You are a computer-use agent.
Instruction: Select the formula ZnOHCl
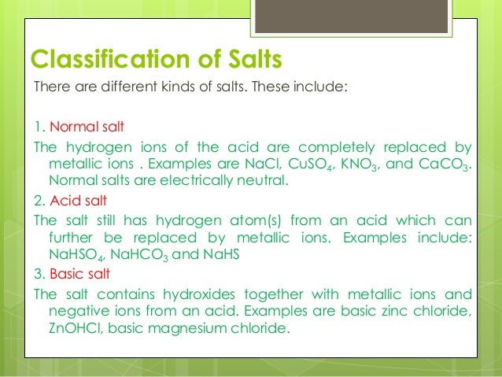(x=73, y=329)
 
